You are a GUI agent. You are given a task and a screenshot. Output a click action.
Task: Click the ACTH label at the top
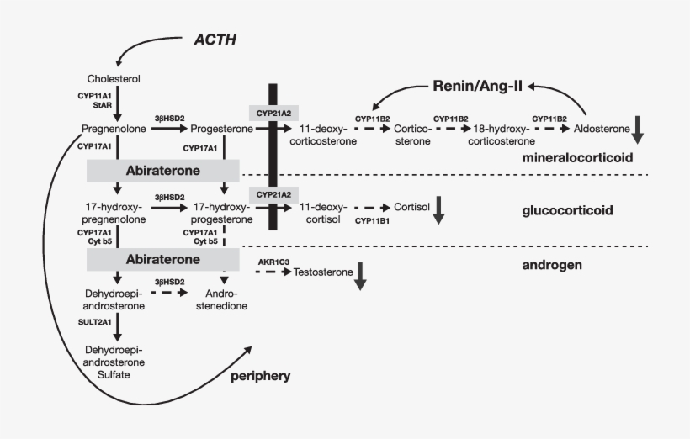tap(215, 40)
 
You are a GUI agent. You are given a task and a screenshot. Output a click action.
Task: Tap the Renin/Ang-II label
tap(477, 86)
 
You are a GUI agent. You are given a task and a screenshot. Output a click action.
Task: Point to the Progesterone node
tap(221, 129)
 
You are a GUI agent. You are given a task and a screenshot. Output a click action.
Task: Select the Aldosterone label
tap(601, 129)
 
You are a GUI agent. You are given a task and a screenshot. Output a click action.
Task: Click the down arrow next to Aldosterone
tap(639, 128)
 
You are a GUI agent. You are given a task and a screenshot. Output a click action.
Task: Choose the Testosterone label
tap(324, 272)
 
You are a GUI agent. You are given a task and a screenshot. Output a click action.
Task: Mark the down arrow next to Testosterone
tap(360, 276)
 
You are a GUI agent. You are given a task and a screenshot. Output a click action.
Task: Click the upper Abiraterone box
tap(163, 171)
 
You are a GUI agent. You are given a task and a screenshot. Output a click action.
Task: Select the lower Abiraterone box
tap(163, 259)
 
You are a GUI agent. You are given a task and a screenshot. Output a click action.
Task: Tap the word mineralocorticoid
tap(576, 157)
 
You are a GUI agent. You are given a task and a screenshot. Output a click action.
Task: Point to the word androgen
tap(553, 266)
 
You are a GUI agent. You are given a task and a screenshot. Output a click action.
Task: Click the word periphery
tap(261, 376)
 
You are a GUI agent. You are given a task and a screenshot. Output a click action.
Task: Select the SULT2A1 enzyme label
tap(93, 320)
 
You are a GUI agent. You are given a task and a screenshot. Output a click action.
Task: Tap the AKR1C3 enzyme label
tap(274, 262)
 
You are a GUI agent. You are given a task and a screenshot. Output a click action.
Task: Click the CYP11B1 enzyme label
tap(372, 220)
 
